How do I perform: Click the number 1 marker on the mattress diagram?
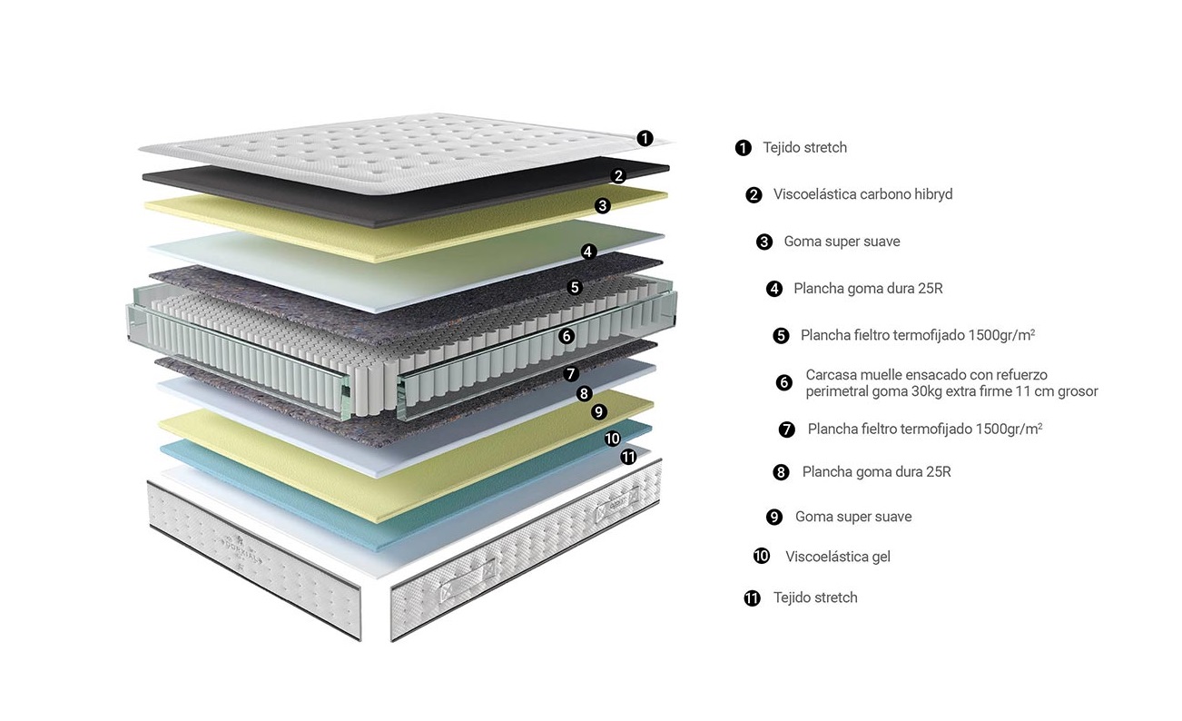coord(645,138)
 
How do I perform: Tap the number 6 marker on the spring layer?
coord(566,336)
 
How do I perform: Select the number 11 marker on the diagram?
coord(628,457)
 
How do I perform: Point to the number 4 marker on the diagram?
coord(588,252)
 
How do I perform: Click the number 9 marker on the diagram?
coord(598,411)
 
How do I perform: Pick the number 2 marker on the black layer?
coord(618,176)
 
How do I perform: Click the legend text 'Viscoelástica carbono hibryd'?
coord(862,194)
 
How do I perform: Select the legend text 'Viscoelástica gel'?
coord(837,557)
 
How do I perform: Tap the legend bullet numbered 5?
coord(781,336)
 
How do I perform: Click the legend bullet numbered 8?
coord(781,472)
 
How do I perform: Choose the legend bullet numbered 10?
coord(762,556)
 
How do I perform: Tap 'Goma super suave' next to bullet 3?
coord(842,242)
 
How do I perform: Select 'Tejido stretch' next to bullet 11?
coord(815,598)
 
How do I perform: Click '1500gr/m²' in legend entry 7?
coord(1009,429)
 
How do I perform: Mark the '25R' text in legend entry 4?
coord(931,289)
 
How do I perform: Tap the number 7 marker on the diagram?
coord(570,374)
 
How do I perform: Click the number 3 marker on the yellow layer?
coord(603,205)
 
